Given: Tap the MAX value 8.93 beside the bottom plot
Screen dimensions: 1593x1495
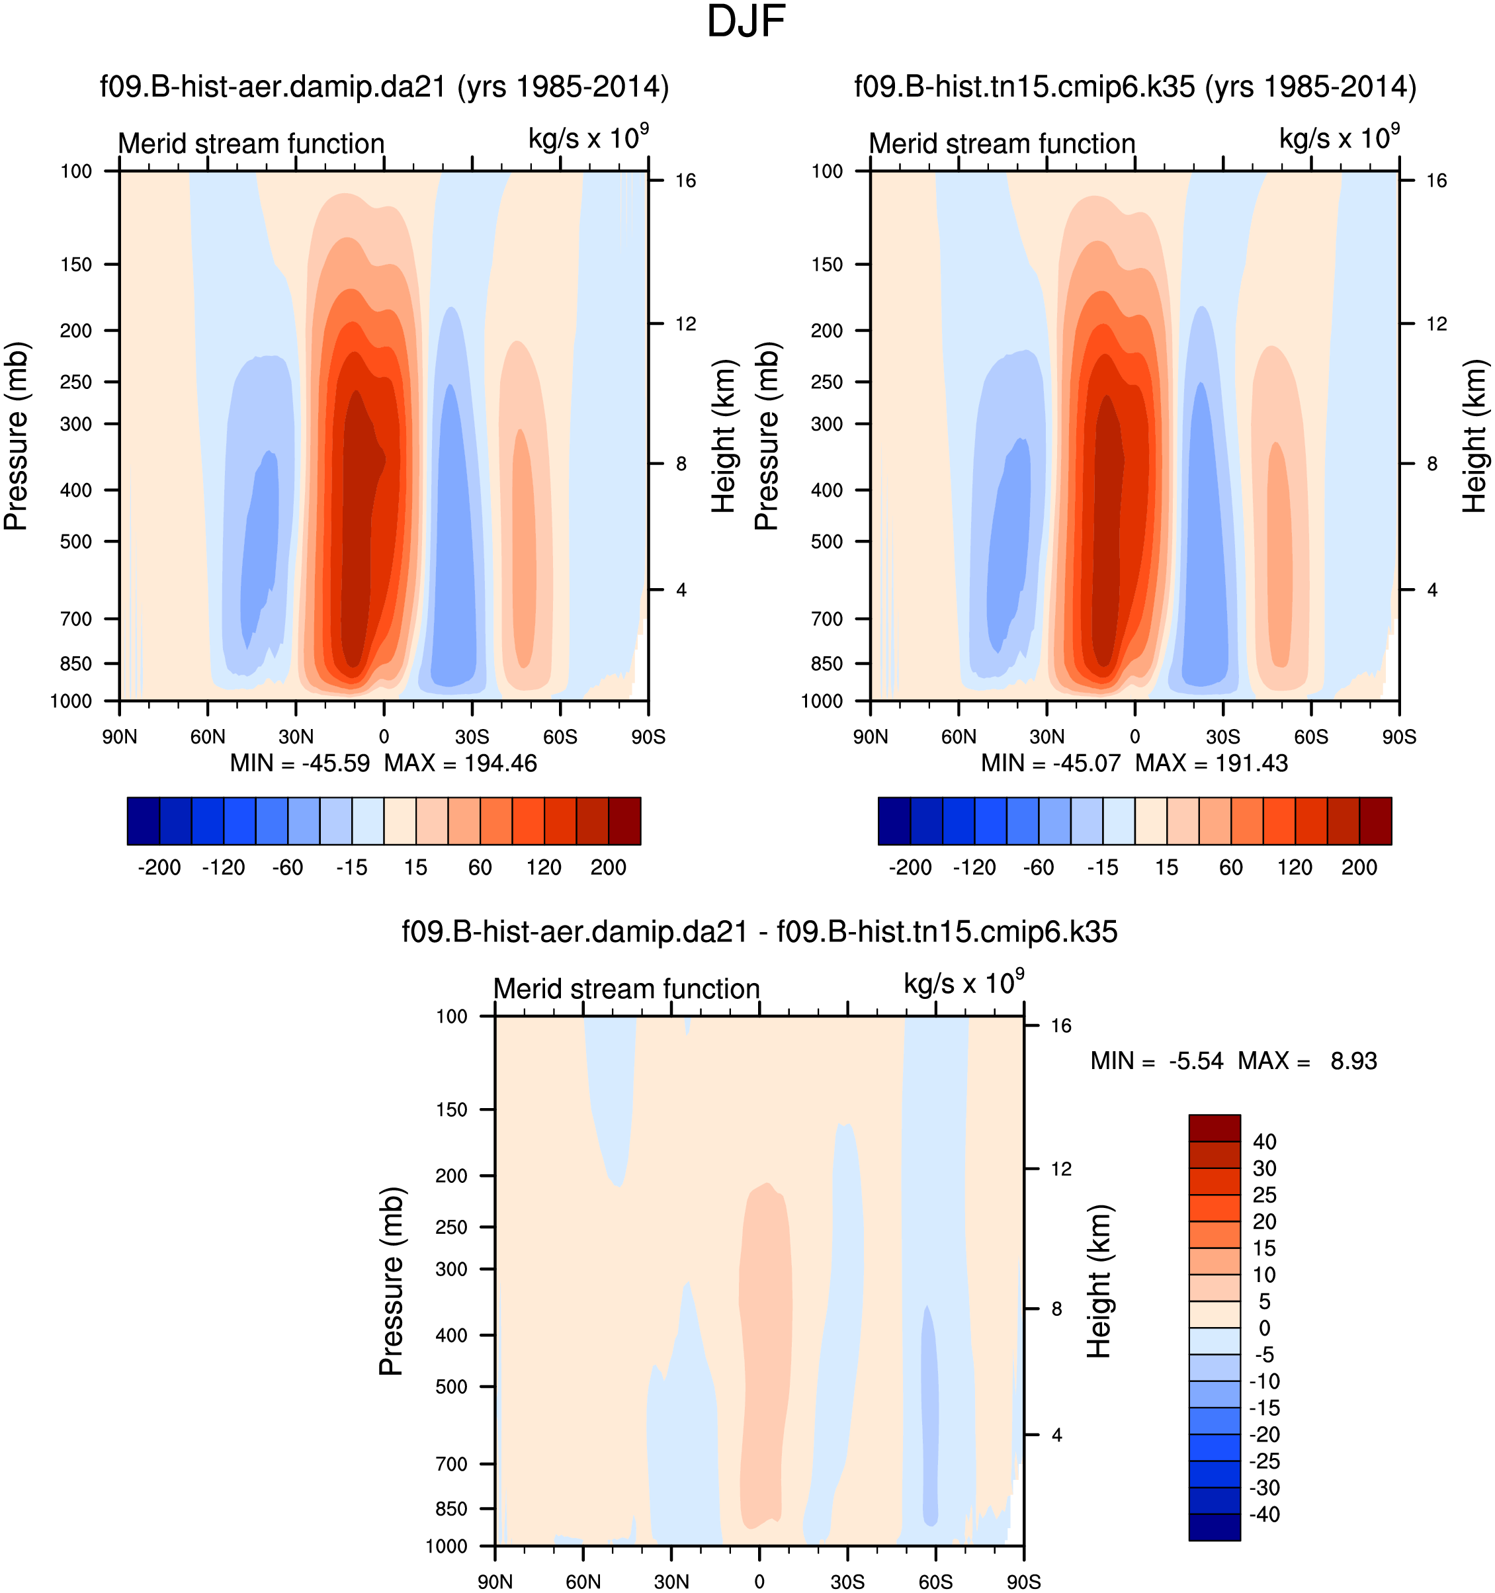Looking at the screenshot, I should (x=1354, y=1061).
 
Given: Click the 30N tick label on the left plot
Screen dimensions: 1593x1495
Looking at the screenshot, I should (x=296, y=736).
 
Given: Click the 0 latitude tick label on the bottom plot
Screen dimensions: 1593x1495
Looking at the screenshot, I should (x=759, y=1582).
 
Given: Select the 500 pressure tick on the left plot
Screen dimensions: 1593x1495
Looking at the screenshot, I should (x=77, y=542).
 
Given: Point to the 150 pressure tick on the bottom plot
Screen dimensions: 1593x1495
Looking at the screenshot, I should (x=452, y=1110).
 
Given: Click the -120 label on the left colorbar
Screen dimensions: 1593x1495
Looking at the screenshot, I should (x=224, y=868).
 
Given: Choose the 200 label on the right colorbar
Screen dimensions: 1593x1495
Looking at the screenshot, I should (x=1359, y=868).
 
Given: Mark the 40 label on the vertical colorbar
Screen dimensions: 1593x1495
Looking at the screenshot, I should (x=1264, y=1142).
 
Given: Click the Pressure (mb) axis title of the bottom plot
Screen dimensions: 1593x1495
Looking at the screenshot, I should (x=391, y=1281).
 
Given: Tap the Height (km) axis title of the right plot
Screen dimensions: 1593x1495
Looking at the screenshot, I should (x=1474, y=436).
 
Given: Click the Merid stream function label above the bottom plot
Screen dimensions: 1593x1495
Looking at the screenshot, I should (x=626, y=989).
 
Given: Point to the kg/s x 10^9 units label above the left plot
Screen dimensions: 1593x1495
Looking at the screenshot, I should (x=587, y=139).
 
